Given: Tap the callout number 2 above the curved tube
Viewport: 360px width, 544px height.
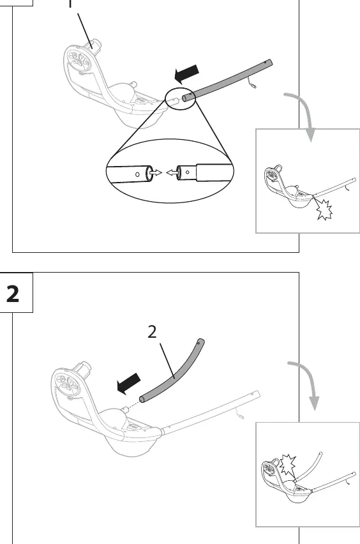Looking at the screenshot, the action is (152, 332).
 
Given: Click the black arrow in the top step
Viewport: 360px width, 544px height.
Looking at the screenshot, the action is (186, 74).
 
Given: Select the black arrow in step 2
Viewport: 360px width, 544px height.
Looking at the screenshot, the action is (128, 384).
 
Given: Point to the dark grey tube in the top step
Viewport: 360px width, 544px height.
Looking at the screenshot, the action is (227, 80).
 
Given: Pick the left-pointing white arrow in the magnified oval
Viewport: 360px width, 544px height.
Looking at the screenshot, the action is (172, 172).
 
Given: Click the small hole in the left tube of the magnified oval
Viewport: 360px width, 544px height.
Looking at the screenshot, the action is (137, 174).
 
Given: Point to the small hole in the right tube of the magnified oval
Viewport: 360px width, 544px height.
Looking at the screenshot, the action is (187, 172).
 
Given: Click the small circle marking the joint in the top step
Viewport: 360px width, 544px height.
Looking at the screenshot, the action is (181, 99).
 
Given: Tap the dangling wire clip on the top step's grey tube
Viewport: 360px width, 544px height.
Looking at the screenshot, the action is (252, 83).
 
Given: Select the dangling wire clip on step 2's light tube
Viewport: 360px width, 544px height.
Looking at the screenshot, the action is (240, 414).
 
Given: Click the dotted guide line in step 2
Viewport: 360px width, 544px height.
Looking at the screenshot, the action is (133, 405).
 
